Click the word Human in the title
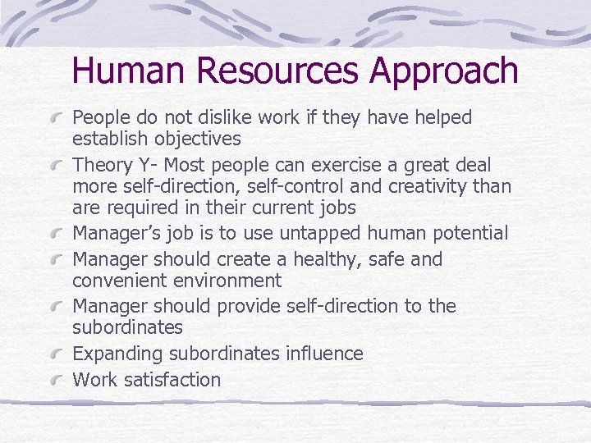click(x=132, y=71)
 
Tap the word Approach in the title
click(x=444, y=72)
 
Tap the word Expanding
click(x=117, y=354)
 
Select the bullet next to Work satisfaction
click(x=58, y=380)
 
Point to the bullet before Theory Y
click(x=58, y=164)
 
